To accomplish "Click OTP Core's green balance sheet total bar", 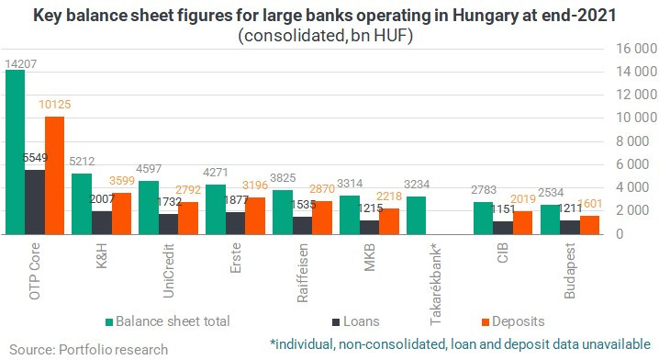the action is coord(15,152).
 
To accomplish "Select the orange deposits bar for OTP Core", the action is coord(55,175).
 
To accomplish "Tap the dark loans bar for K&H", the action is coord(102,222).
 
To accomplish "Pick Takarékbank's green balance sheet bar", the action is coord(417,215).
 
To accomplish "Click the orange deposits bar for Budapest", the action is coord(589,225).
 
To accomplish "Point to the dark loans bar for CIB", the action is coord(503,228).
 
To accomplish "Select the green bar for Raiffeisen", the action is coord(283,212).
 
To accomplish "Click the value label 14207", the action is coord(20,64).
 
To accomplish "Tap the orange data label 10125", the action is coord(55,105).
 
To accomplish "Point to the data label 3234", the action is coord(417,185).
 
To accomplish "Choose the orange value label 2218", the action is coord(389,196).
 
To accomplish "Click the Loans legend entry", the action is coord(356,321).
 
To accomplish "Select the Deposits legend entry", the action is coord(513,321).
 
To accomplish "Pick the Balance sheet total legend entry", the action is coord(168,321).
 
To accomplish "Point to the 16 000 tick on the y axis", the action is coord(636,49).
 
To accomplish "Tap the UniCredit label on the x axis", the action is coord(168,271).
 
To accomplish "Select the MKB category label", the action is coord(369,257).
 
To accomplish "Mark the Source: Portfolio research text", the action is coord(89,350).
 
